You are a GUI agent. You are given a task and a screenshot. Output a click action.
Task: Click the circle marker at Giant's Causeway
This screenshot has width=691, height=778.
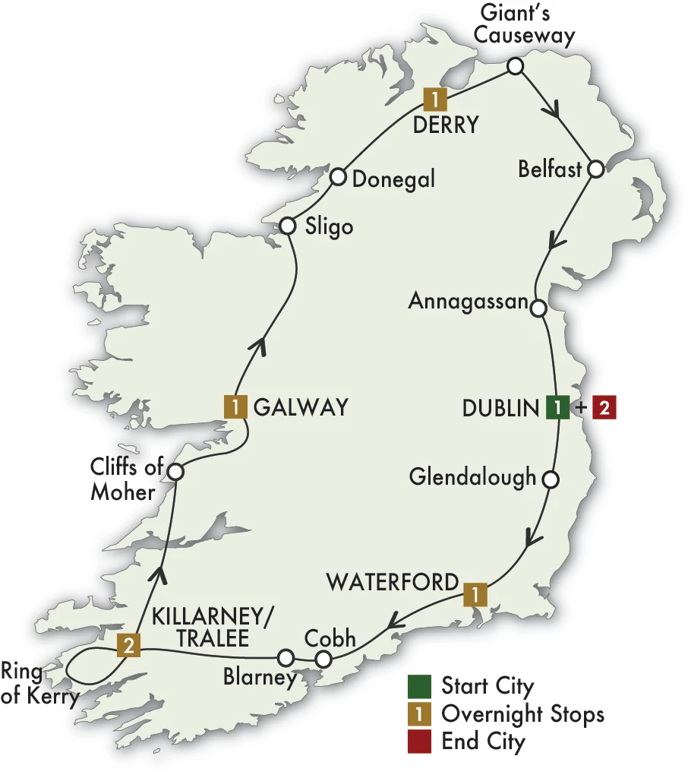515,66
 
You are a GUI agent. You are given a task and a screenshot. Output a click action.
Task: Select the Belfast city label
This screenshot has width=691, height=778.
549,169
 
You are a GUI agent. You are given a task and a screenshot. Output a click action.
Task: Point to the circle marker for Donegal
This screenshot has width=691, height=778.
339,178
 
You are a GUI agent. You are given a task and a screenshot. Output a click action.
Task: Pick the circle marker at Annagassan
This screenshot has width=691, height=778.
538,308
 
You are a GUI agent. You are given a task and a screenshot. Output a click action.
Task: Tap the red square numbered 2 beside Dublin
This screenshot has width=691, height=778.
604,407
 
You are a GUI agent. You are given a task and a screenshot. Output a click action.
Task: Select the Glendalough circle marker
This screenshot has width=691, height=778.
551,479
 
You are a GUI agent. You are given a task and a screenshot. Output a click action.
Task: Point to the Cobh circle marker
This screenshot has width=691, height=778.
323,659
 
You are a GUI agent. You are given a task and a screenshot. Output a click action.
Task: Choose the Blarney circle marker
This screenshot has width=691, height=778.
286,656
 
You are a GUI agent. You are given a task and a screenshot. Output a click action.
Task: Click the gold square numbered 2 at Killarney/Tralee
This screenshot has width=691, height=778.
128,647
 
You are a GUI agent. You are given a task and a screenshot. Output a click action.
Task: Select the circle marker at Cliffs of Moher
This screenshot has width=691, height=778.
175,472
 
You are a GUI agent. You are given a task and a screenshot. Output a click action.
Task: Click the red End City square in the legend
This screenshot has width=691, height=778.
419,741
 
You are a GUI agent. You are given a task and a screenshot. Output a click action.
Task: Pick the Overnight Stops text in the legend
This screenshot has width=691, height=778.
522,714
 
